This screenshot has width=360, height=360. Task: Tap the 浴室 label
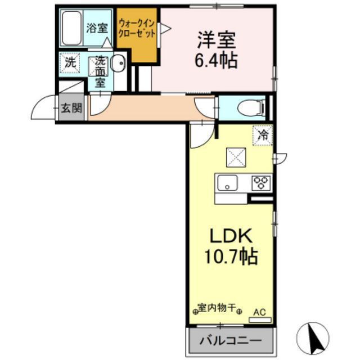[96, 28]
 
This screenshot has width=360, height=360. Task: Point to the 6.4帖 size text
[216, 60]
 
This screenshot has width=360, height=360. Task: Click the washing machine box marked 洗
[69, 62]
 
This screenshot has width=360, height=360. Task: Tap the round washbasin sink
[119, 64]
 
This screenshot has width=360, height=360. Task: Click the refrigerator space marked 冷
[262, 134]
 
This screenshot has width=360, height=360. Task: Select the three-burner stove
[260, 182]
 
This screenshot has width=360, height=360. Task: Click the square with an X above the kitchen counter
[235, 157]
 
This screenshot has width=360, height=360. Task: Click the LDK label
[230, 235]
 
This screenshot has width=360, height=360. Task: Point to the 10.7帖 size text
[230, 256]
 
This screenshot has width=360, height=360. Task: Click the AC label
[259, 311]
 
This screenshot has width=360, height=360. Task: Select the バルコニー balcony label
[231, 341]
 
